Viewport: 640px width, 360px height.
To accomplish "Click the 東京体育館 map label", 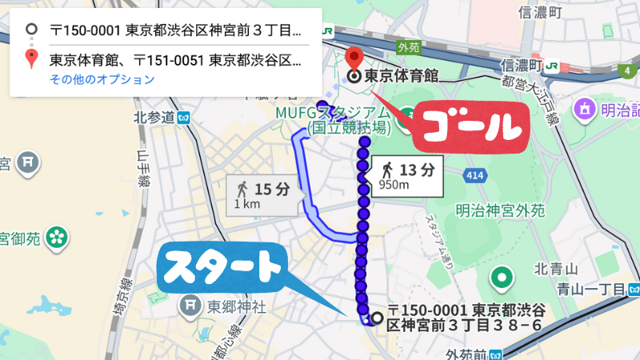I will click(402, 78).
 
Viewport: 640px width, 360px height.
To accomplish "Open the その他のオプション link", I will click(102, 79).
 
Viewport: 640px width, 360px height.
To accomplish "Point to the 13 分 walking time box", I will click(405, 174).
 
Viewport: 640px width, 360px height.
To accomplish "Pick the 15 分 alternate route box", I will click(262, 194).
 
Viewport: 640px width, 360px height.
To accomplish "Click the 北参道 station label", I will click(154, 118).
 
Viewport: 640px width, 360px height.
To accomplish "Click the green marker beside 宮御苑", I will click(57, 237).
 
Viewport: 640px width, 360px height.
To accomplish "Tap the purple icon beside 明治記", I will click(586, 107).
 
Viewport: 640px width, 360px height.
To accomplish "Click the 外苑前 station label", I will click(467, 354).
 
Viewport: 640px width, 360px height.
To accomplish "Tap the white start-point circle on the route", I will click(376, 316).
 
